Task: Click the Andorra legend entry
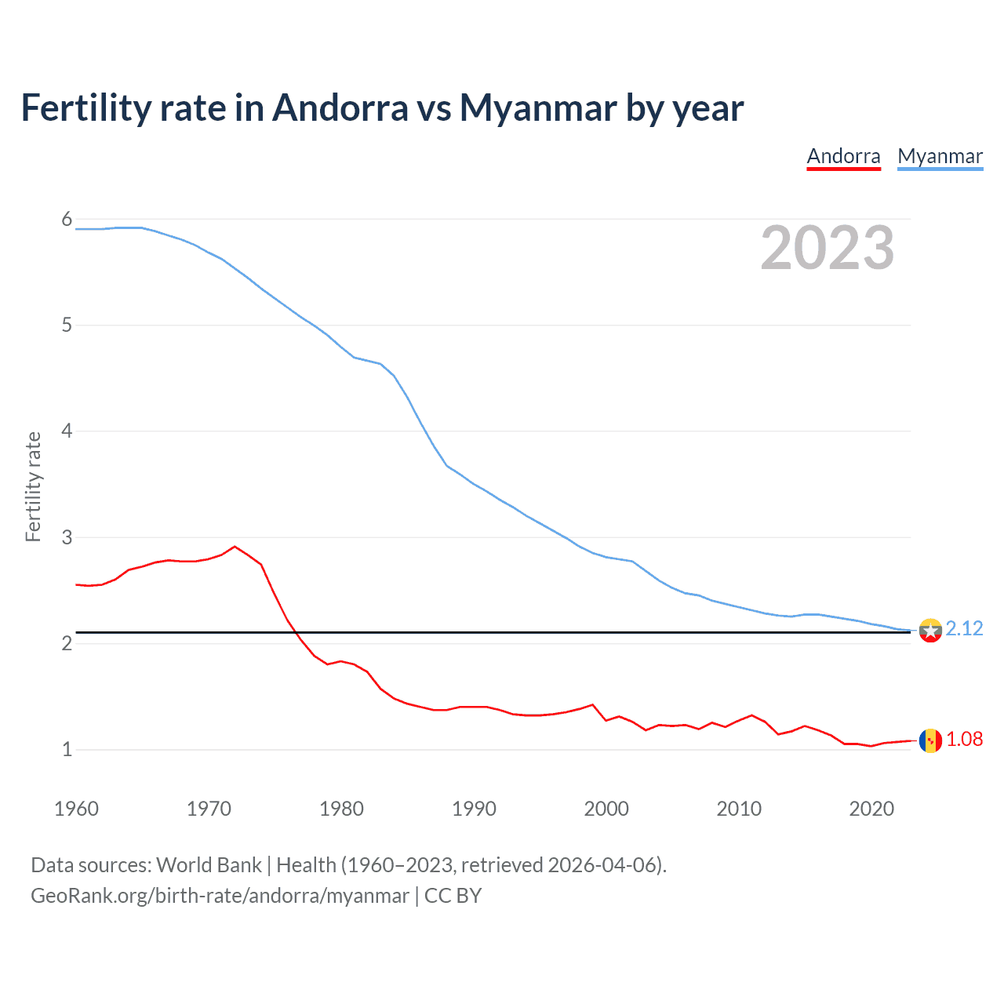843,156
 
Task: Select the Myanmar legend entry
940,156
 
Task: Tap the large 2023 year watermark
827,248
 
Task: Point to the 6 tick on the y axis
67,220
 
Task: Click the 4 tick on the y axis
67,431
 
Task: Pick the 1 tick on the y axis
67,749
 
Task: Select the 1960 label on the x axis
76,809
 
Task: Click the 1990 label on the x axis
474,809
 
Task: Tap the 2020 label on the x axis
871,809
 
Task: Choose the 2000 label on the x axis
606,809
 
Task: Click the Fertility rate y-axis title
33,486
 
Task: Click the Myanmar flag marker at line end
930,630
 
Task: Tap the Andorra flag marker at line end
930,740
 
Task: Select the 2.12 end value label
964,628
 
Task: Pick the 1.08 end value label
964,739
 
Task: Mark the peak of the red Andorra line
235,547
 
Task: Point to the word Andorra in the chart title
340,108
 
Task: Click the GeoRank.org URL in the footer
220,896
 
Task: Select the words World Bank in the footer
209,865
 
